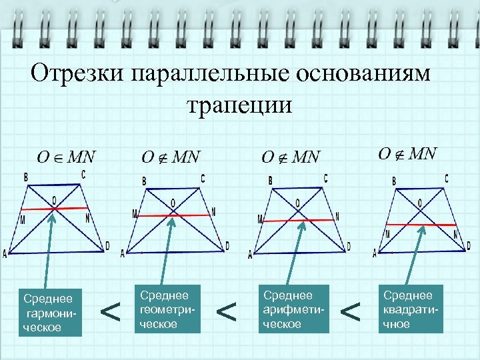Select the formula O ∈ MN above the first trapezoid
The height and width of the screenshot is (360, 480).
[66, 158]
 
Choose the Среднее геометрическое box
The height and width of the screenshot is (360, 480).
[166, 309]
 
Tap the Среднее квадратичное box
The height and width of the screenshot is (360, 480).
[411, 309]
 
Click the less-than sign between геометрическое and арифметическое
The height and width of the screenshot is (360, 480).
[227, 310]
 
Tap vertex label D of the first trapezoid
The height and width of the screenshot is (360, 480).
[107, 246]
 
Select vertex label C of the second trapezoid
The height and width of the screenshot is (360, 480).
[203, 178]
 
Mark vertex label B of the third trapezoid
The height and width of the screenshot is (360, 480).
[270, 180]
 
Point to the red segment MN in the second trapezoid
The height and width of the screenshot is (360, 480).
[173, 215]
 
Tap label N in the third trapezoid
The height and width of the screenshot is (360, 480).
[337, 217]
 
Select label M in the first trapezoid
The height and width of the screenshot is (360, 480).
[23, 220]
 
